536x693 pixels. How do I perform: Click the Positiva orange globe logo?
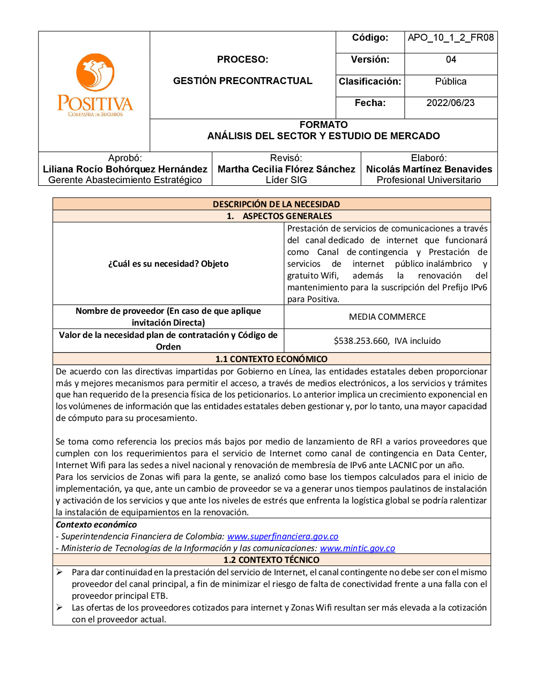tap(95, 72)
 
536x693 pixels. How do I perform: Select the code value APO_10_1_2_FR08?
tap(451, 37)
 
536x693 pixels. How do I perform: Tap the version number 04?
tap(451, 59)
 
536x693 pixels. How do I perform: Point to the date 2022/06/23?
tap(450, 103)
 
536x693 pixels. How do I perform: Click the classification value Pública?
tap(450, 81)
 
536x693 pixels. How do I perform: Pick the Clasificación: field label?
tap(370, 81)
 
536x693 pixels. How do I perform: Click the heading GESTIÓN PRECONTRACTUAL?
tap(242, 81)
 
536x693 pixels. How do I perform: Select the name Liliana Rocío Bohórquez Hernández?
tap(125, 169)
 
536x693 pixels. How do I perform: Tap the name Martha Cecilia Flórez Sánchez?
tap(286, 169)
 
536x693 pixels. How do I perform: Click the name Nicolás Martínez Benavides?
tap(429, 169)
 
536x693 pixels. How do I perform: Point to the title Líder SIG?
tap(286, 180)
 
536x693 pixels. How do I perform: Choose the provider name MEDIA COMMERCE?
tap(387, 317)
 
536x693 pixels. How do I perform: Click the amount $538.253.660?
tap(361, 341)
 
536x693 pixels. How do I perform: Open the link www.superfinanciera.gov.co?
tap(282, 537)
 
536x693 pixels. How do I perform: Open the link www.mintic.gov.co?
tap(357, 548)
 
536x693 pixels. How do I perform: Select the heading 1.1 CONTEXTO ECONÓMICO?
tap(271, 359)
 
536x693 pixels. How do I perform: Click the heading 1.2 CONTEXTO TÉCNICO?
tap(271, 560)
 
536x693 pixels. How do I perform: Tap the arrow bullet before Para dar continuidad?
tap(59, 572)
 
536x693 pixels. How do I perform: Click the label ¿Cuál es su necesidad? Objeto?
tap(168, 263)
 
